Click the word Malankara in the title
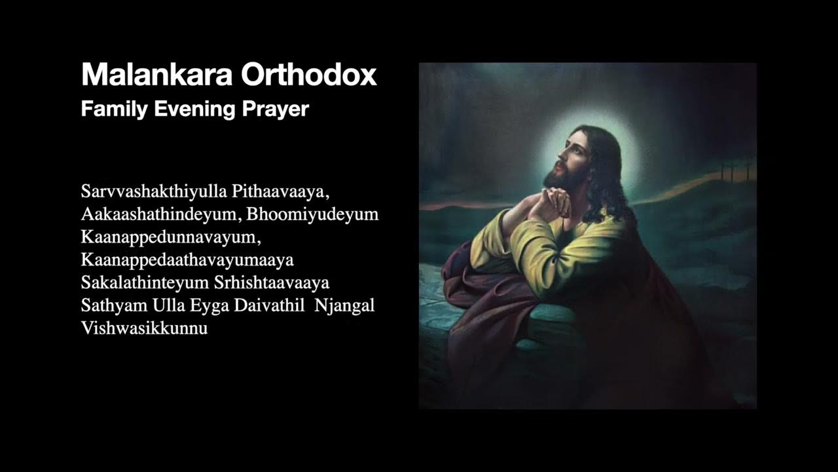(x=158, y=75)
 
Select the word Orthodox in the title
(x=309, y=75)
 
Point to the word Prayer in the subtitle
(x=275, y=109)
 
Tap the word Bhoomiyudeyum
(x=312, y=214)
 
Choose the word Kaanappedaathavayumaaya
(x=187, y=260)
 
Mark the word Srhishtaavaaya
(x=272, y=283)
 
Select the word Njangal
(x=344, y=305)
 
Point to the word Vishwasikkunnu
(x=144, y=328)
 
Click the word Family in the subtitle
(x=115, y=109)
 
